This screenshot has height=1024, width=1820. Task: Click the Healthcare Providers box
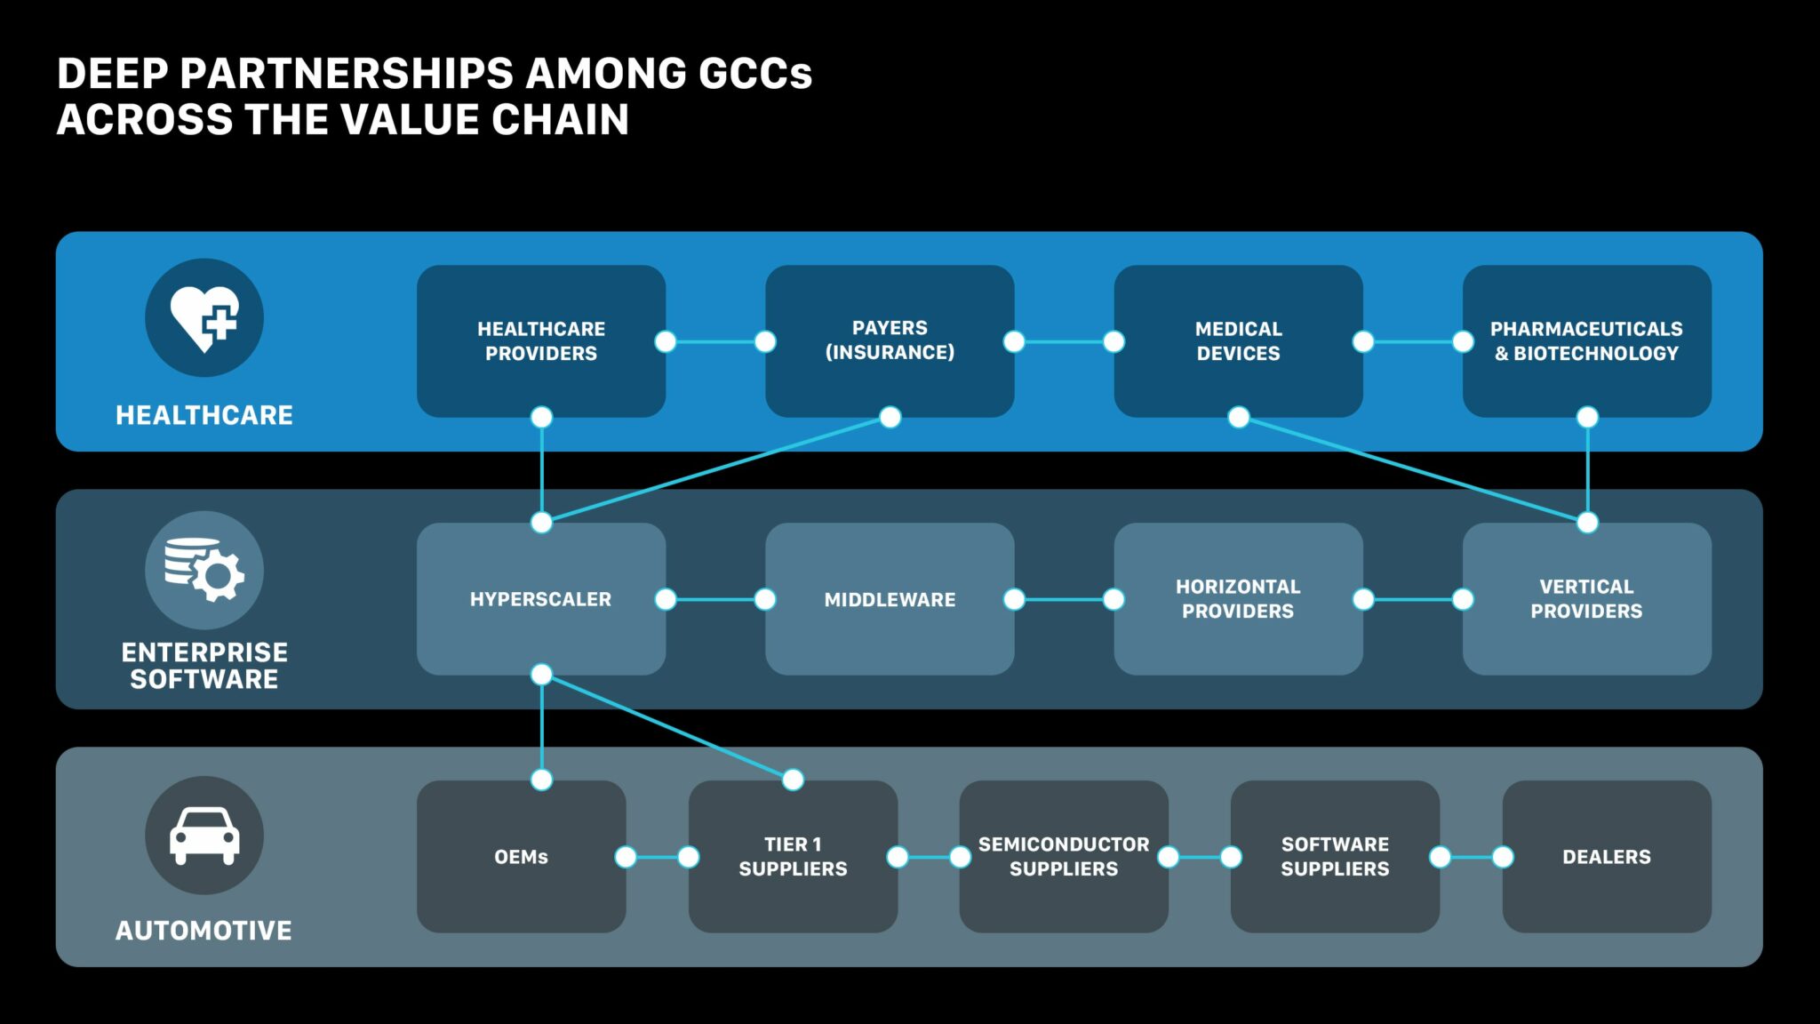(540, 341)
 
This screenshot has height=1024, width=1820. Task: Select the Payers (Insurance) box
(890, 341)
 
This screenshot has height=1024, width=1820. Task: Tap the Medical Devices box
(1238, 341)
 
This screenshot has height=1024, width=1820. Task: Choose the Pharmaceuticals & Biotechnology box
(1586, 341)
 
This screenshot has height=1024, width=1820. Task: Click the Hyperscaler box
(540, 599)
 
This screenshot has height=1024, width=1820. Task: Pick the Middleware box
(890, 599)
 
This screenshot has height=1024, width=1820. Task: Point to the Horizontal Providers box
(1238, 599)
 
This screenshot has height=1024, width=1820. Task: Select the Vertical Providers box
(1586, 599)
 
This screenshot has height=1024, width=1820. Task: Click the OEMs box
(521, 857)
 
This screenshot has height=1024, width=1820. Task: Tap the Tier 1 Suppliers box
(793, 857)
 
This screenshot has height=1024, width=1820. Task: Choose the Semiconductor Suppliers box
(1064, 857)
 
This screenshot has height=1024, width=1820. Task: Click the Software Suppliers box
(1335, 857)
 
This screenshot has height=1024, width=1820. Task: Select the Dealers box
(1607, 857)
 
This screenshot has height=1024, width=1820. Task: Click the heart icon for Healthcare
(204, 317)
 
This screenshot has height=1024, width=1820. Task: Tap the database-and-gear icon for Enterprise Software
(204, 570)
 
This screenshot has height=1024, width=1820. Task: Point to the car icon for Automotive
(204, 836)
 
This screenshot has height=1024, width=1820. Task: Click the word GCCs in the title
(755, 74)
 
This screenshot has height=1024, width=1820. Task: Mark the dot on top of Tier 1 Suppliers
(793, 780)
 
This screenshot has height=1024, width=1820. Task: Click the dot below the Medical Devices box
(1238, 418)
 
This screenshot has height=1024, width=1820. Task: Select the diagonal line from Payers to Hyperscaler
(715, 470)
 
